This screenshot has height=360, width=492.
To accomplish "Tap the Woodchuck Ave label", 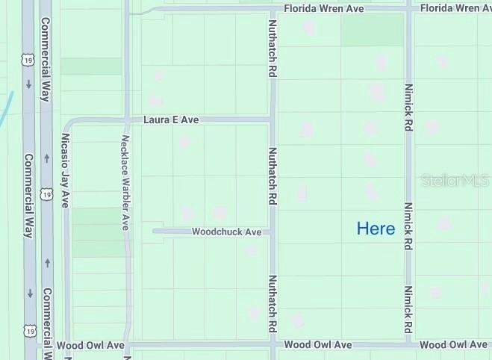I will coord(226,232).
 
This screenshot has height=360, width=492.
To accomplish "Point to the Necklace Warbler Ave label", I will coord(126,181).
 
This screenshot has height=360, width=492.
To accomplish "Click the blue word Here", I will coord(376,229).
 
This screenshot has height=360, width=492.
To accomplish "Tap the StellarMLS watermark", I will coord(454,181).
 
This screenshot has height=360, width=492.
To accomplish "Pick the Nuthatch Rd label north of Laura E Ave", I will coord(273,49).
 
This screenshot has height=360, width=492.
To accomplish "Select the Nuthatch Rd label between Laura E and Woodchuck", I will coord(273,176).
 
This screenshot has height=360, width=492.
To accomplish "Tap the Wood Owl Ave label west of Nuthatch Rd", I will coord(90,345).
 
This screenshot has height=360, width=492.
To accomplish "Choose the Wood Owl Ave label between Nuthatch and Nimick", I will coord(318,345).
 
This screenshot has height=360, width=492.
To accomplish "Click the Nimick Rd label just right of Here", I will coord(408,226).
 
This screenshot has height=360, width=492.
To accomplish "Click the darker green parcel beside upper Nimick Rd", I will coord(372,30).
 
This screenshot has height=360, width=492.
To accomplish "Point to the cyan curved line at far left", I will coord(7,109).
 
